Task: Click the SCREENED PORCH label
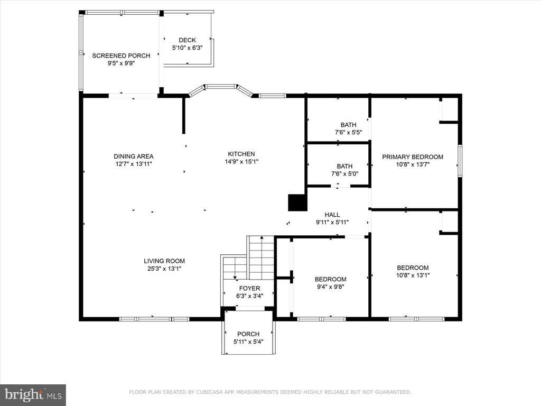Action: pyautogui.click(x=121, y=56)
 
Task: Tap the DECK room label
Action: pyautogui.click(x=188, y=40)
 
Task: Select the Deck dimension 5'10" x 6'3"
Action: pyautogui.click(x=188, y=48)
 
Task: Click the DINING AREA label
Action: pyautogui.click(x=134, y=156)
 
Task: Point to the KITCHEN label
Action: pyautogui.click(x=241, y=154)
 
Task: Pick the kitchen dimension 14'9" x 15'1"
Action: pyautogui.click(x=241, y=162)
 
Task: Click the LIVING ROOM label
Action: pyautogui.click(x=164, y=261)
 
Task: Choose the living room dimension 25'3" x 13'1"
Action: pyautogui.click(x=164, y=269)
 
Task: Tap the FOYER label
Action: pyautogui.click(x=250, y=288)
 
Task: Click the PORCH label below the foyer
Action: pyautogui.click(x=248, y=334)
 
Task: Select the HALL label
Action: pyautogui.click(x=332, y=215)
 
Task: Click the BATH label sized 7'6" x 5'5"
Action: pyautogui.click(x=349, y=125)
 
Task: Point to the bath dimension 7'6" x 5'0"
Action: pyautogui.click(x=344, y=173)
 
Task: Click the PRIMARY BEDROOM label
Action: pyautogui.click(x=413, y=156)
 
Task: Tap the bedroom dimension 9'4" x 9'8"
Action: pyautogui.click(x=331, y=287)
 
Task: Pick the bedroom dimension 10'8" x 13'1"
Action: pyautogui.click(x=413, y=275)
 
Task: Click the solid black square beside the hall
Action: pyautogui.click(x=297, y=202)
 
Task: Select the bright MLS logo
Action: pyautogui.click(x=33, y=395)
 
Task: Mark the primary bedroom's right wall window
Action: pyautogui.click(x=460, y=161)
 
